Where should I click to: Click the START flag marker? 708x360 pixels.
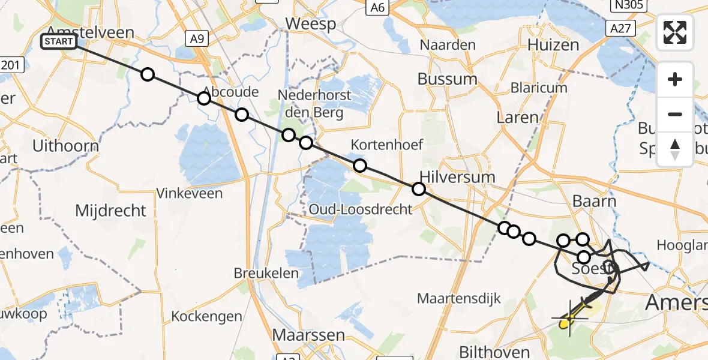coord(58,41)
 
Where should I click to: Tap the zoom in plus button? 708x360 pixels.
coord(675,80)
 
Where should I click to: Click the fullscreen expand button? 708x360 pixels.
coord(675,32)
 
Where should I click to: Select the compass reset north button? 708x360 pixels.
coord(675,149)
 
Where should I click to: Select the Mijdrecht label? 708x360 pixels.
coord(110,211)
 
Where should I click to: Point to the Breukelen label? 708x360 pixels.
coord(266,273)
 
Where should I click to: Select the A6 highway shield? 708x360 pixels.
coord(377,7)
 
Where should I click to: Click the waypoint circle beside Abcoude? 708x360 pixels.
coord(204,98)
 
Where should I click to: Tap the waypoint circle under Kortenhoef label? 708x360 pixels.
coord(360,166)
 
